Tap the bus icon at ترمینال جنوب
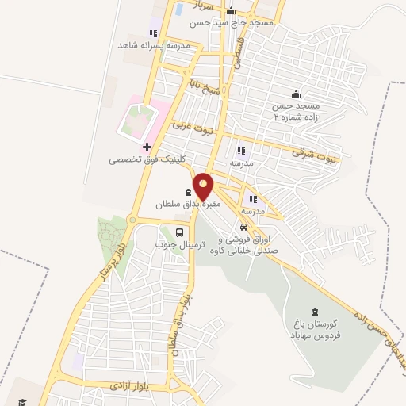(x=181, y=232)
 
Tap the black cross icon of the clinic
(x=147, y=147)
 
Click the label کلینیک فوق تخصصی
(x=147, y=159)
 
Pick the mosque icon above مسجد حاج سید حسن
(x=231, y=11)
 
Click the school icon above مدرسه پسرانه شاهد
(x=153, y=34)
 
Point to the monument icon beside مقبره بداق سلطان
(x=189, y=192)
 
